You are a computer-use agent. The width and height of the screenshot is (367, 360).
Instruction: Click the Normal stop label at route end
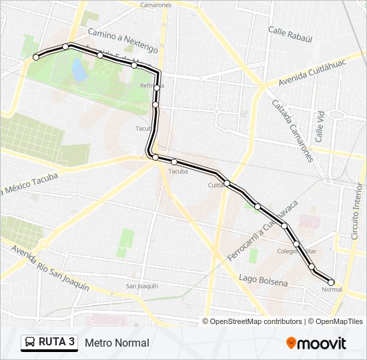coord(332,289)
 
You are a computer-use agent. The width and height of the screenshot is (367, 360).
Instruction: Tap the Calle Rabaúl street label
coord(290,31)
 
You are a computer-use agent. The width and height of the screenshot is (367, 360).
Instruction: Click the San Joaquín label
coord(142,286)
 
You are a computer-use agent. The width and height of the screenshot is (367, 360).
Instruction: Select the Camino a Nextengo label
coord(123,41)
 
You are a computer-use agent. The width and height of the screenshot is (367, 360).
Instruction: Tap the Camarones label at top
coord(155,5)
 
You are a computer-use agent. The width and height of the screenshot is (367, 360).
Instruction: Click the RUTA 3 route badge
coord(49,343)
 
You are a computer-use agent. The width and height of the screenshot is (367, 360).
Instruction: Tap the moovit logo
coord(316,343)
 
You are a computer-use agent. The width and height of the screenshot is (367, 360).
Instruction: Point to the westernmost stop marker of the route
coord(36,57)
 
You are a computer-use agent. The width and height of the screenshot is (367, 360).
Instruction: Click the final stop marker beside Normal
coord(331,282)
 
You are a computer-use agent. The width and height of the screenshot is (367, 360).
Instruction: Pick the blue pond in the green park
coord(79,69)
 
